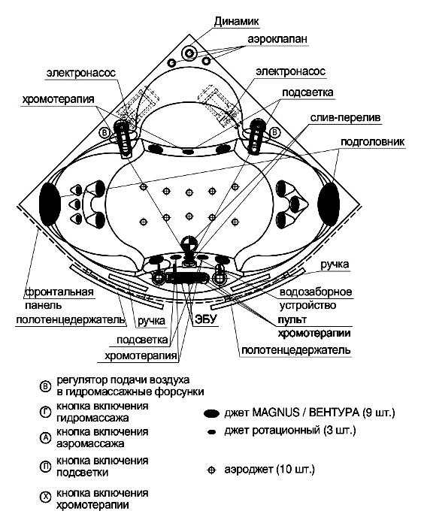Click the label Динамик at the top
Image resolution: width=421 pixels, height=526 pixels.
coord(237,22)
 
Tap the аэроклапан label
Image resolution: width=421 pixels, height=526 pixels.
coord(277,39)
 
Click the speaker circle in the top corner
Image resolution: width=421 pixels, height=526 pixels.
coord(189,53)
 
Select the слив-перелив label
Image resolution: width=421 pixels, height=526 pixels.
coord(345,118)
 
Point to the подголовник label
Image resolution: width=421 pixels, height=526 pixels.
coord(373,142)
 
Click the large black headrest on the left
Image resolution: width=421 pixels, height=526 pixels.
coord(50,204)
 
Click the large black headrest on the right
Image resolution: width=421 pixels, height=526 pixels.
coord(329,204)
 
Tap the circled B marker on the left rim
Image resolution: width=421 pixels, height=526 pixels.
coord(104,133)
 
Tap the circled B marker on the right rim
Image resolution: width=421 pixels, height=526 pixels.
coord(275,132)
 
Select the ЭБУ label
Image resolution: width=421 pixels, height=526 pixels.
coord(206,319)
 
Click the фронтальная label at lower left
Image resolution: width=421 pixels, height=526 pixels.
coord(59,292)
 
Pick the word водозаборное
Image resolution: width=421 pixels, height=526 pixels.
coord(316,292)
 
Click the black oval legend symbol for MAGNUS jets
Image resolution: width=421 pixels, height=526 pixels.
coord(211,413)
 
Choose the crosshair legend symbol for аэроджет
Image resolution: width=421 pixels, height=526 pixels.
coord(211,470)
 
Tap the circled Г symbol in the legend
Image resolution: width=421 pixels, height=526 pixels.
coord(45,413)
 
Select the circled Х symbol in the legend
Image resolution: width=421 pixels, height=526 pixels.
coord(45,497)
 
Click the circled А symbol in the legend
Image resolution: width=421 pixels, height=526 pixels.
coord(45,437)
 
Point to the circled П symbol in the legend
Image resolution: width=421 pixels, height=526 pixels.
coord(45,467)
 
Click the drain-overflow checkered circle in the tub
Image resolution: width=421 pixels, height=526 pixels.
coord(188,243)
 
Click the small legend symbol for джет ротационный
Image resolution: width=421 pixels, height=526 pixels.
coord(211,432)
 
